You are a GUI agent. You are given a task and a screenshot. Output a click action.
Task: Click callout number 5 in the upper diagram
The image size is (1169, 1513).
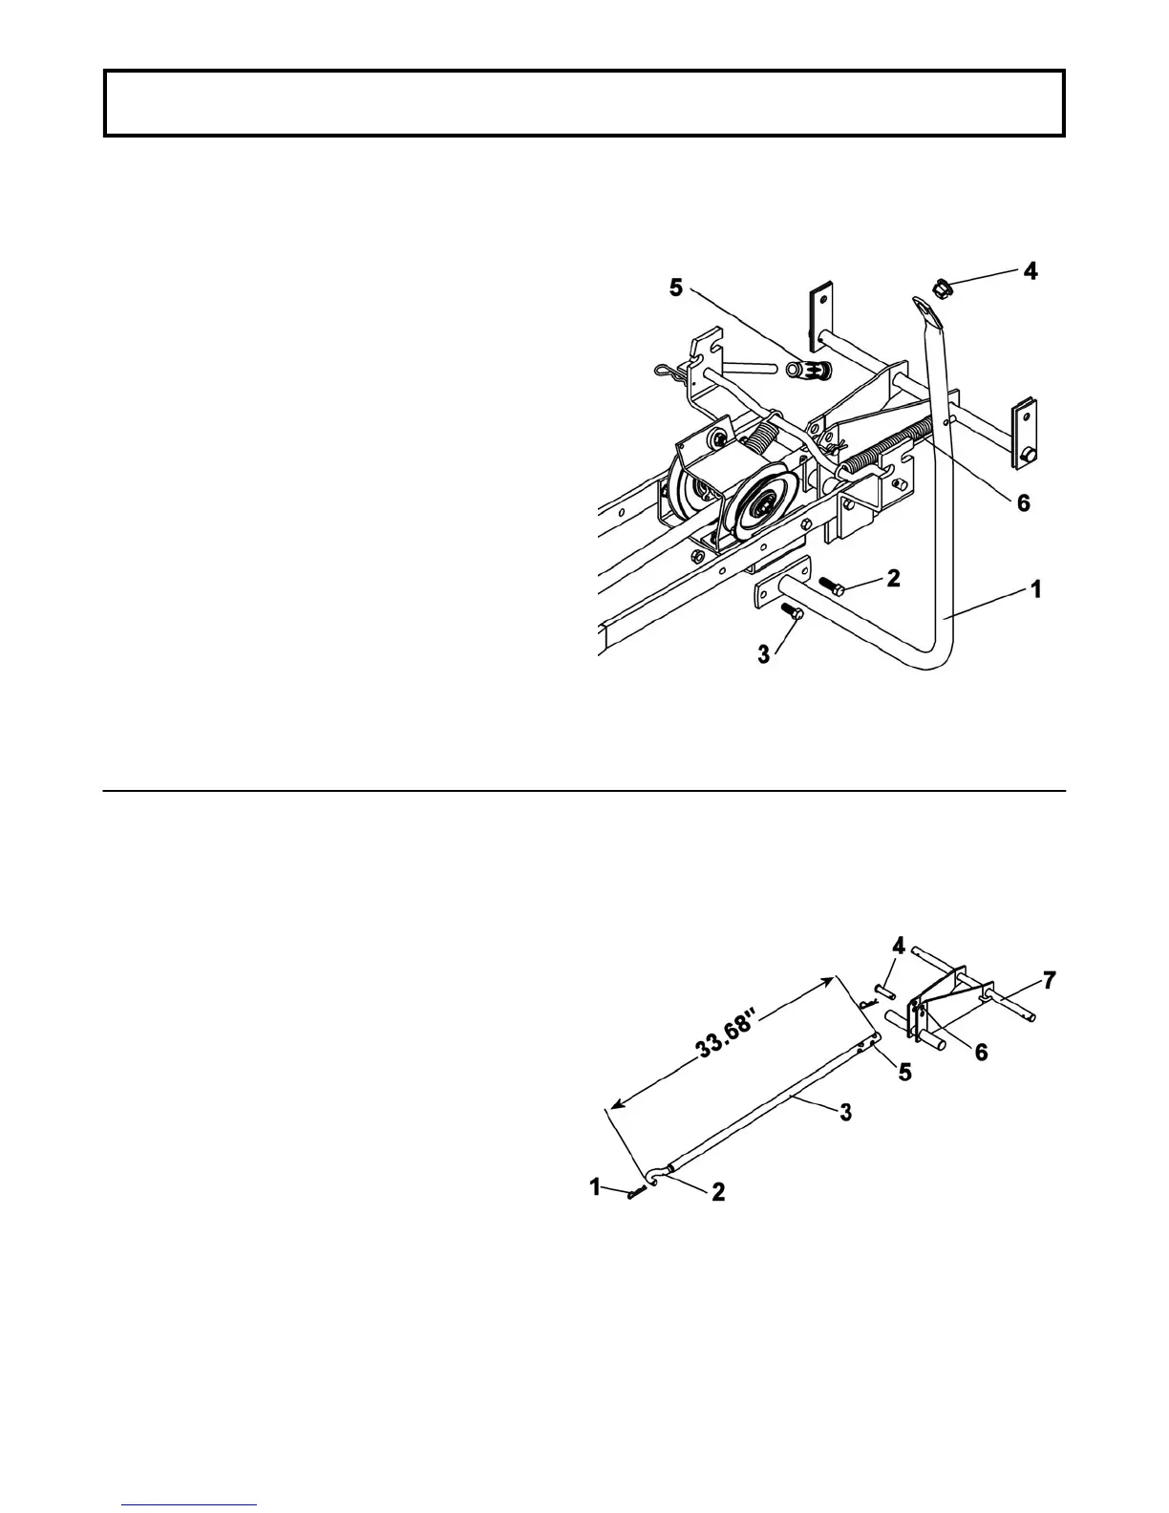676,288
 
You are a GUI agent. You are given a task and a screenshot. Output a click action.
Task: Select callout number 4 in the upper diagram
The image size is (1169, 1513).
1030,271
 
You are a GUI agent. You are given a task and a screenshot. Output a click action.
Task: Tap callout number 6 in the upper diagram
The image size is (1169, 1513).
1023,502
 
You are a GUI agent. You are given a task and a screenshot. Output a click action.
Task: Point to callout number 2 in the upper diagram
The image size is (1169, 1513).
893,578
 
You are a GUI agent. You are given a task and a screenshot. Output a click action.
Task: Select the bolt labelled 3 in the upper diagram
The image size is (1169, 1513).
790,611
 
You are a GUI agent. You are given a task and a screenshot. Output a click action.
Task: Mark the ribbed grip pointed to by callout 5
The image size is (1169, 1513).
811,370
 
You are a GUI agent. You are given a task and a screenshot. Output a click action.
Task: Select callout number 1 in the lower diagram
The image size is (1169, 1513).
595,1187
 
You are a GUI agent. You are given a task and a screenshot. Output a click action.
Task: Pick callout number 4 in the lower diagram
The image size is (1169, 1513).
898,971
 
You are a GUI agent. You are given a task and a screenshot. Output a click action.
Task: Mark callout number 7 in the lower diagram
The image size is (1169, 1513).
1049,981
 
